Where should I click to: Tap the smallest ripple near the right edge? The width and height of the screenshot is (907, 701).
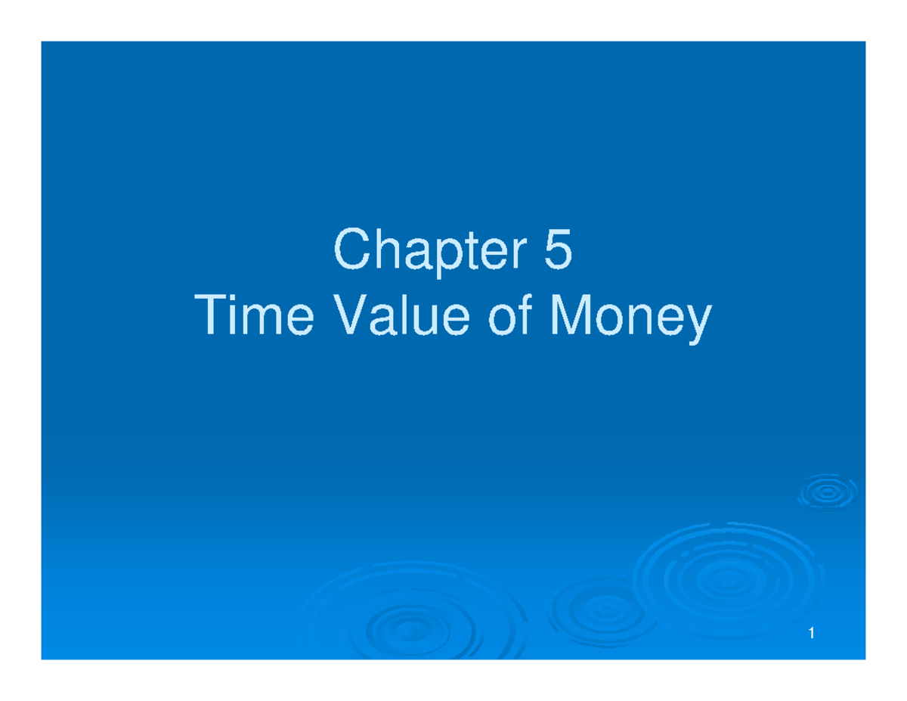point(828,494)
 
